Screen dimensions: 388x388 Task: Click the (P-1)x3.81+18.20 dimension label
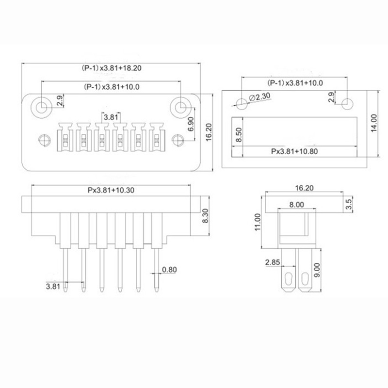112,68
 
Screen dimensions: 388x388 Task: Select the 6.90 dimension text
191,124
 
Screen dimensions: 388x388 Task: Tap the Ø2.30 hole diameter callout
259,97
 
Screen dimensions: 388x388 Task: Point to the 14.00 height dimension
374,123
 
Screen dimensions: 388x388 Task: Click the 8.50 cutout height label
239,135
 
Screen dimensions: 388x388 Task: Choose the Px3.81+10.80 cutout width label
294,151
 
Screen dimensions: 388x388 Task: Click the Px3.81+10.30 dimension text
111,190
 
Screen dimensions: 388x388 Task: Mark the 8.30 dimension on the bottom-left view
205,216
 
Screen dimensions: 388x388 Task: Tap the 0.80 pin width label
169,270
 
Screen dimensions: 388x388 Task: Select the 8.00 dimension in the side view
296,205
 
